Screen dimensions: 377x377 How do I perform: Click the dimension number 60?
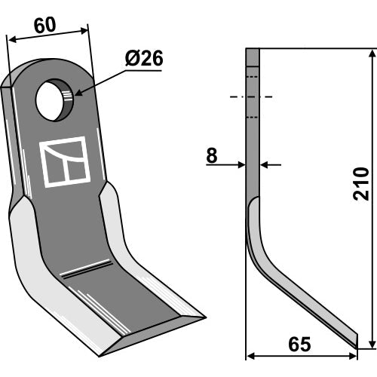coord(44,26)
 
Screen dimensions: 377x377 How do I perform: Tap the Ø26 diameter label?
coord(144,58)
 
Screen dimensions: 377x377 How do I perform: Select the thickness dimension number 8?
coord(212,155)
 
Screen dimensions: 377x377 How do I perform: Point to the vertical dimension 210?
coord(361,184)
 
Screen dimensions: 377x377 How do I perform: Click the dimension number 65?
coord(299,345)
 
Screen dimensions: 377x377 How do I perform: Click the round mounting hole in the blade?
coord(54,100)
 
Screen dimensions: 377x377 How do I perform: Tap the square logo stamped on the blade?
coord(65,162)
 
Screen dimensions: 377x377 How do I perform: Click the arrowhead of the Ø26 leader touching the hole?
coord(78,93)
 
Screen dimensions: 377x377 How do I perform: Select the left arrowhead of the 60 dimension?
coord(12,40)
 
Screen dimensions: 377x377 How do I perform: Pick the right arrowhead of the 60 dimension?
coord(84,30)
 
